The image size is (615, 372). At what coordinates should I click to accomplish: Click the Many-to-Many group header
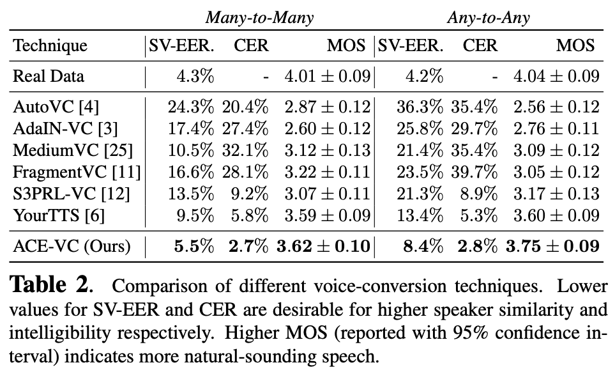pyautogui.click(x=259, y=17)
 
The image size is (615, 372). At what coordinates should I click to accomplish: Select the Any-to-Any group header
pyautogui.click(x=488, y=17)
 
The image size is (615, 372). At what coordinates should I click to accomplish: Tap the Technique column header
pyautogui.click(x=50, y=46)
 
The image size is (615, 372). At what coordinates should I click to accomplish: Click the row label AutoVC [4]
pyautogui.click(x=56, y=107)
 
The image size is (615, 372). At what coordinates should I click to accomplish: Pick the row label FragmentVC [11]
pyautogui.click(x=77, y=172)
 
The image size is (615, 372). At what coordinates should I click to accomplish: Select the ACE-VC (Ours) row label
pyautogui.click(x=72, y=246)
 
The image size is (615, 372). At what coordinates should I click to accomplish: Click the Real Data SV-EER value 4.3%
pyautogui.click(x=195, y=77)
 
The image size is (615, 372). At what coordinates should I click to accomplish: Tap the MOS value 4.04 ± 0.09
pyautogui.click(x=556, y=77)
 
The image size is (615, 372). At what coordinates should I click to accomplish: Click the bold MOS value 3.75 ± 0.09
pyautogui.click(x=552, y=246)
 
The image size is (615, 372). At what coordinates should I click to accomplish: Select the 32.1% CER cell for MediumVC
pyautogui.click(x=245, y=150)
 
